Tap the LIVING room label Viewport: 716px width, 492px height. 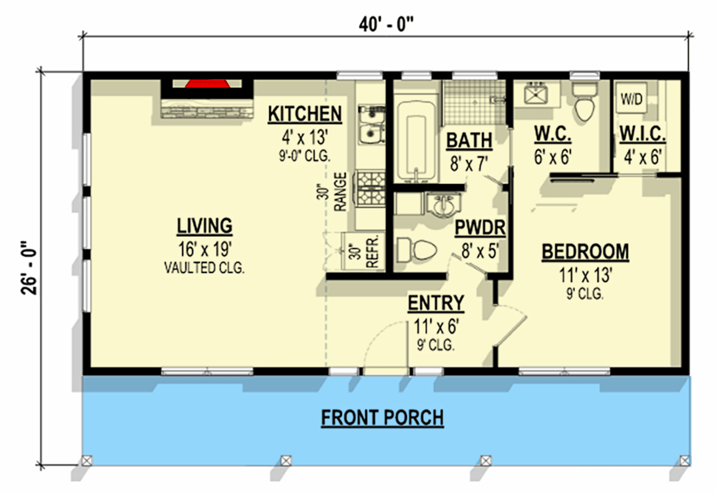point(205,226)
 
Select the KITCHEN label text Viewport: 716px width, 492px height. point(304,114)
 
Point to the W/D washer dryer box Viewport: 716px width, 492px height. point(630,98)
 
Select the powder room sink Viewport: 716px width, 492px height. point(445,205)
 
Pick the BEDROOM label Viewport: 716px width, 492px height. point(585,252)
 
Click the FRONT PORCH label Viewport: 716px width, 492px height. point(382,418)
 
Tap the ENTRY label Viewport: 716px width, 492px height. point(436,303)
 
